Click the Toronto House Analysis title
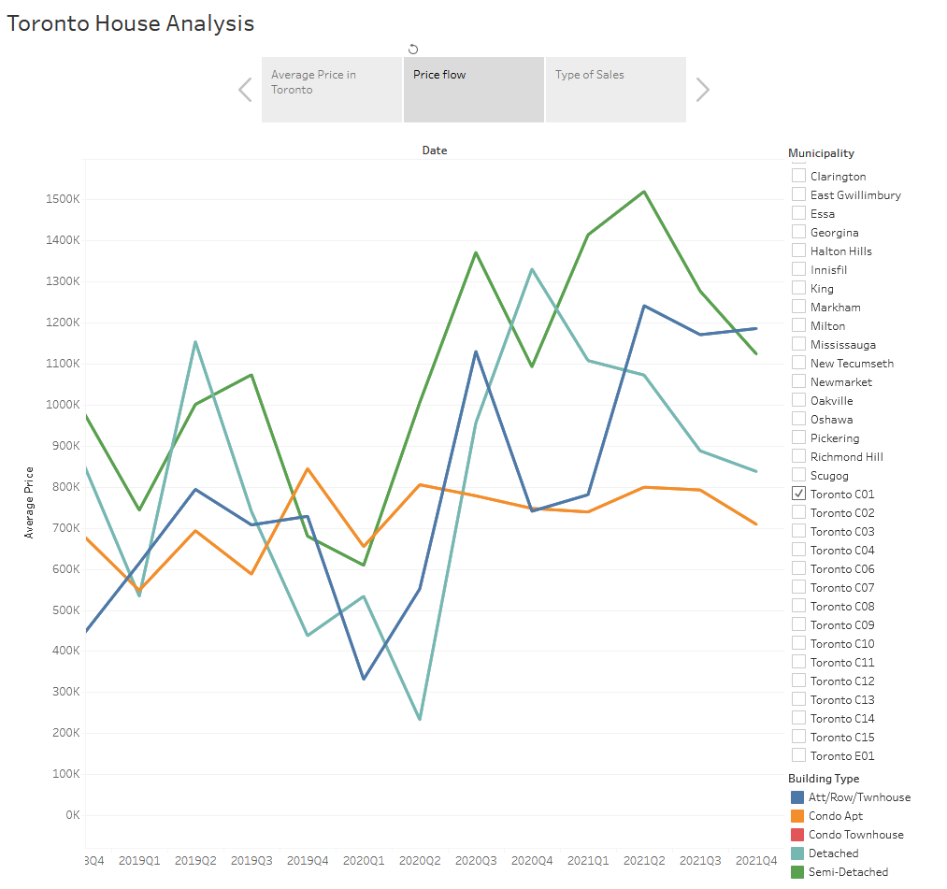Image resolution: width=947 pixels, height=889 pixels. click(x=131, y=23)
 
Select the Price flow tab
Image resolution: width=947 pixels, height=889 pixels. click(x=473, y=89)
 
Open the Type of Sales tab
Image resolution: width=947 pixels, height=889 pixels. click(x=615, y=89)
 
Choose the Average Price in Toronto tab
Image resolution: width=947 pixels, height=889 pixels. click(x=331, y=89)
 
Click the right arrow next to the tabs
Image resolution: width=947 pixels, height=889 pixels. click(x=703, y=90)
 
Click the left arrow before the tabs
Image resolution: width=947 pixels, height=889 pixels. click(x=245, y=90)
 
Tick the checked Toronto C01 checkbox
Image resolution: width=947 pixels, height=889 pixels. click(x=798, y=494)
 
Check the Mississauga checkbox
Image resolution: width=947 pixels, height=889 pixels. click(x=798, y=344)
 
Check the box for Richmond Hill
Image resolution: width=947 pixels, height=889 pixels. click(x=798, y=456)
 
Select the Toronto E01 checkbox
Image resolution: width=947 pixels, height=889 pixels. click(x=798, y=755)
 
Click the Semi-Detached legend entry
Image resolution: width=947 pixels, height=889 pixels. click(x=848, y=872)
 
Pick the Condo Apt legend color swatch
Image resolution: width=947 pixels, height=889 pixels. click(x=797, y=816)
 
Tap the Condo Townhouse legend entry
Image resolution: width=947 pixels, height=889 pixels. click(x=855, y=835)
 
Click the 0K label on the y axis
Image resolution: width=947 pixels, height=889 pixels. click(x=72, y=815)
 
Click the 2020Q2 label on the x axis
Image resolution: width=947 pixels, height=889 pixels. click(x=420, y=860)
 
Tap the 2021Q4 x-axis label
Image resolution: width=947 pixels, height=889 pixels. click(x=757, y=860)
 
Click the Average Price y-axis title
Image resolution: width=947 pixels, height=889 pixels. click(x=29, y=502)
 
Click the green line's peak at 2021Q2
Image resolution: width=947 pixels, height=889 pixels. click(x=644, y=192)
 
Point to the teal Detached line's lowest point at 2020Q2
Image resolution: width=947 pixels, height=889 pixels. click(x=419, y=719)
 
